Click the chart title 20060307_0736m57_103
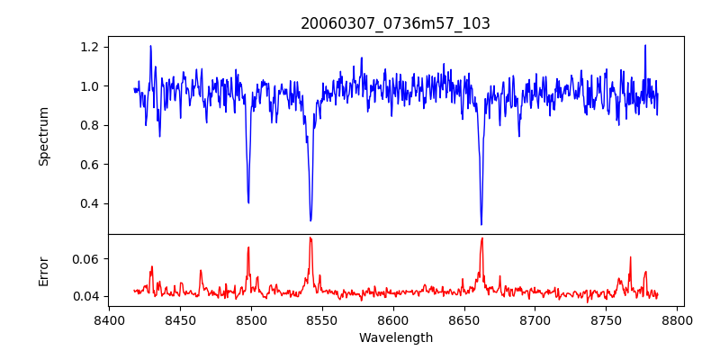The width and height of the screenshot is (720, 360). click(395, 23)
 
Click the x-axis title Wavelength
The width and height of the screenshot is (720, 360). click(395, 337)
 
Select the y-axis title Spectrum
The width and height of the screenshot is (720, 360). click(44, 136)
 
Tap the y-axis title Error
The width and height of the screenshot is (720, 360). click(44, 271)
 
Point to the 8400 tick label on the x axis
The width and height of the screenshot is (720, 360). click(109, 319)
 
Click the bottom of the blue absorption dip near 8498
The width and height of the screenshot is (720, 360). click(248, 202)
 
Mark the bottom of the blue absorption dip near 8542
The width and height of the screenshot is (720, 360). click(310, 220)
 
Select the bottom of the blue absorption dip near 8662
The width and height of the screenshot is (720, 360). click(481, 224)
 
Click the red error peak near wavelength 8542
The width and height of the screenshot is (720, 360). click(310, 238)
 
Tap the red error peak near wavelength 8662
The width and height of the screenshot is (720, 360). click(481, 238)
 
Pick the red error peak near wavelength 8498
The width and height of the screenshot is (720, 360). click(248, 247)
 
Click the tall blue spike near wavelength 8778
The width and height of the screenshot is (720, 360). click(645, 45)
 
